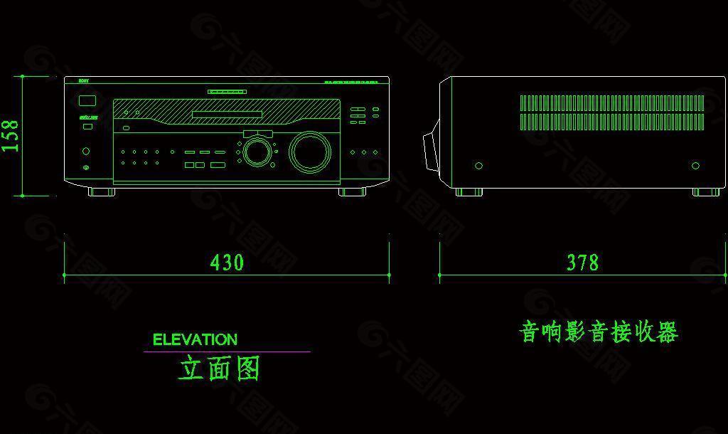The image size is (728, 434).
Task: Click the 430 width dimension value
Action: pyautogui.click(x=227, y=263)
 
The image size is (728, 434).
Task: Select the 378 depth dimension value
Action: pyautogui.click(x=582, y=263)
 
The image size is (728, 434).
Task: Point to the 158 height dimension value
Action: pyautogui.click(x=11, y=135)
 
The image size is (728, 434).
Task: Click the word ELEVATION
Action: pyautogui.click(x=195, y=340)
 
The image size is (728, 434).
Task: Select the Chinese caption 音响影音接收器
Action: pyautogui.click(x=599, y=332)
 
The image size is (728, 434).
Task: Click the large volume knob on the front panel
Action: pyautogui.click(x=310, y=152)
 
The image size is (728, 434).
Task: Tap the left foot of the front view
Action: pyautogui.click(x=101, y=191)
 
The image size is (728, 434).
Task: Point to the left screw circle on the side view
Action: pyautogui.click(x=478, y=166)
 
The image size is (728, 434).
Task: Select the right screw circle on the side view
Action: pyautogui.click(x=695, y=166)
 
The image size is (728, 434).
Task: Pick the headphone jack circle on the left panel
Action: pyautogui.click(x=86, y=151)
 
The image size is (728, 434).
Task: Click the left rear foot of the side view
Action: pyautogui.click(x=469, y=192)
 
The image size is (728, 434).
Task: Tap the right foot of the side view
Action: pyautogui.click(x=705, y=192)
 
